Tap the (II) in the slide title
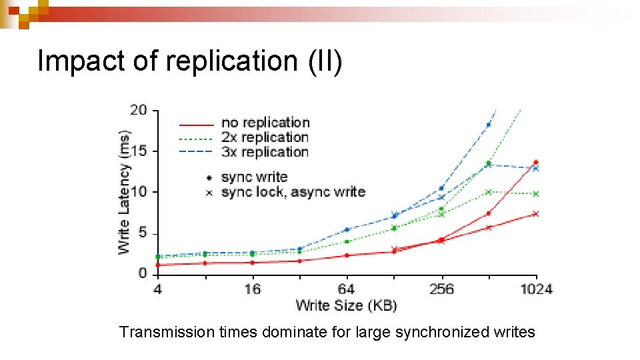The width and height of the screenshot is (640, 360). coord(325,61)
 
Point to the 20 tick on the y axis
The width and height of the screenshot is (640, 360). coord(139,110)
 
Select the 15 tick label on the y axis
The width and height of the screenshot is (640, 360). coord(139,151)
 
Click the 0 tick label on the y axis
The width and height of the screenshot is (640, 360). coord(143,273)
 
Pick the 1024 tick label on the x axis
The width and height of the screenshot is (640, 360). coord(536,289)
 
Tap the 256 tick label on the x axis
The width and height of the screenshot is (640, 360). coord(441,289)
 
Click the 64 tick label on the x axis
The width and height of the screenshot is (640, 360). coord(347,289)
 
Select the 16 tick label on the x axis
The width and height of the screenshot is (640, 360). coord(252,289)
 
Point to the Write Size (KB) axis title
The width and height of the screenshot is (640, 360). coord(346,305)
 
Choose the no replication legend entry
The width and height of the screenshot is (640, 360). coord(265,123)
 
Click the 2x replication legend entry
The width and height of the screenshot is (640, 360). coord(265,137)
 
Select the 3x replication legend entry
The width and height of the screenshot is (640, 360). coord(265,152)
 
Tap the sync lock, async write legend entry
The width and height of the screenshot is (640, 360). coord(293,192)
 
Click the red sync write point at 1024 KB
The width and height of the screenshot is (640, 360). coord(535,162)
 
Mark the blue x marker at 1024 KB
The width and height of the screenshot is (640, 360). coord(535,169)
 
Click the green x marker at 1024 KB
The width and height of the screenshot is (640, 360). coord(535,193)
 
